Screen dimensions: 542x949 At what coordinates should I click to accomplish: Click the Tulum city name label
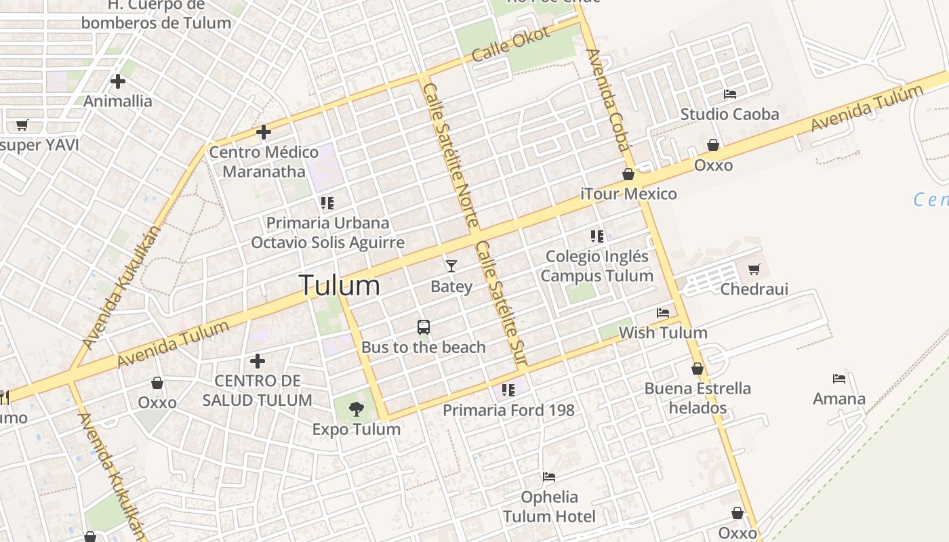339,285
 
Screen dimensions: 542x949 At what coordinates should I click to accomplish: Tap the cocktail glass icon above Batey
451,266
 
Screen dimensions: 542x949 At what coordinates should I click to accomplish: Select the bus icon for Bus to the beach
424,327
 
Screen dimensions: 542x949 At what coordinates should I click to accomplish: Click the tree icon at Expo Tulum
356,409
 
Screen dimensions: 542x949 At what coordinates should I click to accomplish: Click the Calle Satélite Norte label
451,156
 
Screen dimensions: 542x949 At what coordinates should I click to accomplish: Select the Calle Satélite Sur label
501,305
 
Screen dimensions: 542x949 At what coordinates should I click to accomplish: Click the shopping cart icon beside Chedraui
754,269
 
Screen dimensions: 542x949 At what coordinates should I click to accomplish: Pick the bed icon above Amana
839,379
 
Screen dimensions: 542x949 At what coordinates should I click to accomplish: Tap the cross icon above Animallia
118,81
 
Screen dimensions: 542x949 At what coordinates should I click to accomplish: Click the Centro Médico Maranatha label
264,161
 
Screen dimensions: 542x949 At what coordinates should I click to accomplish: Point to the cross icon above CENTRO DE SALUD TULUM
258,361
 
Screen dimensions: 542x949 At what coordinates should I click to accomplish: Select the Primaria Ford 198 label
508,410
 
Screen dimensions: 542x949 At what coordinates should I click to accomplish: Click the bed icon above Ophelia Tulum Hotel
549,477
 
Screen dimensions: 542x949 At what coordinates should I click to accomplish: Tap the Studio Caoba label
729,114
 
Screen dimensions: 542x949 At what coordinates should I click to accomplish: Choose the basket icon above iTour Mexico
628,174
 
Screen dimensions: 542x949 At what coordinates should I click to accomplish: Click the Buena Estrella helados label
698,398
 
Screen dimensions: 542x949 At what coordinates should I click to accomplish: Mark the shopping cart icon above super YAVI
22,125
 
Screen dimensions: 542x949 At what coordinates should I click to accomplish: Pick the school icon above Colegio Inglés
597,236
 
